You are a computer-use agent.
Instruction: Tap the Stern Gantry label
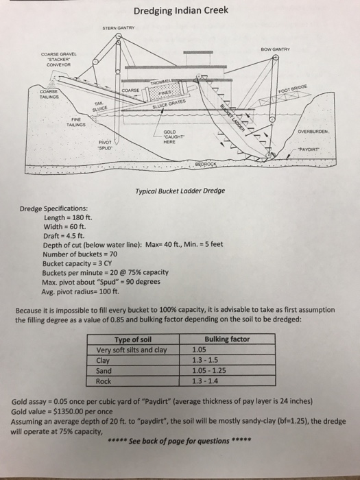[x=120, y=28]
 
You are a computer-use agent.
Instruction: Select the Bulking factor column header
[x=227, y=339]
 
